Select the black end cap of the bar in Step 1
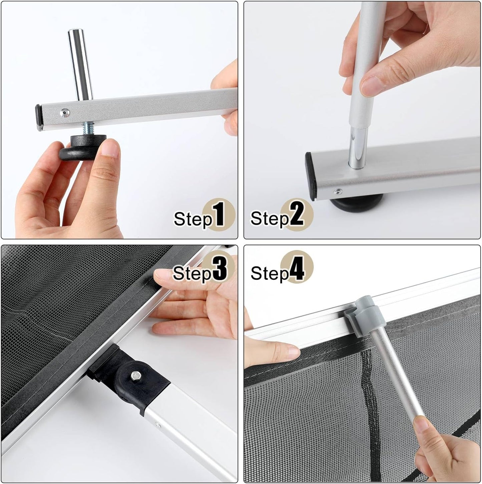(x=39, y=118)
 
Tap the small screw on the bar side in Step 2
(x=338, y=191)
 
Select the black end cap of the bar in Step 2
(x=312, y=176)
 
